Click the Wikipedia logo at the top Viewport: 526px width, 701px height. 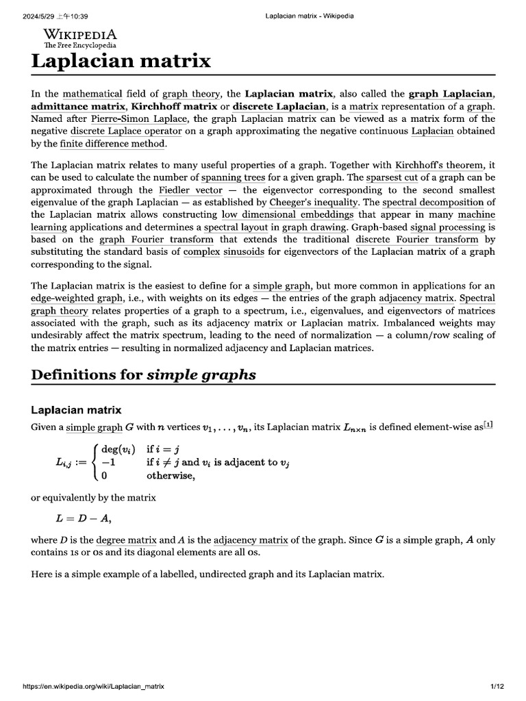coord(79,38)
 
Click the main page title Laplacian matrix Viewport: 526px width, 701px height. coord(121,61)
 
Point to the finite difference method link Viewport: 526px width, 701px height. coord(112,144)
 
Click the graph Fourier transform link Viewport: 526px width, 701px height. coord(156,240)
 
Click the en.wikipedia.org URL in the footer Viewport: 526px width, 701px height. coord(94,685)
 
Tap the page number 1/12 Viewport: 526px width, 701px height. coord(497,685)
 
